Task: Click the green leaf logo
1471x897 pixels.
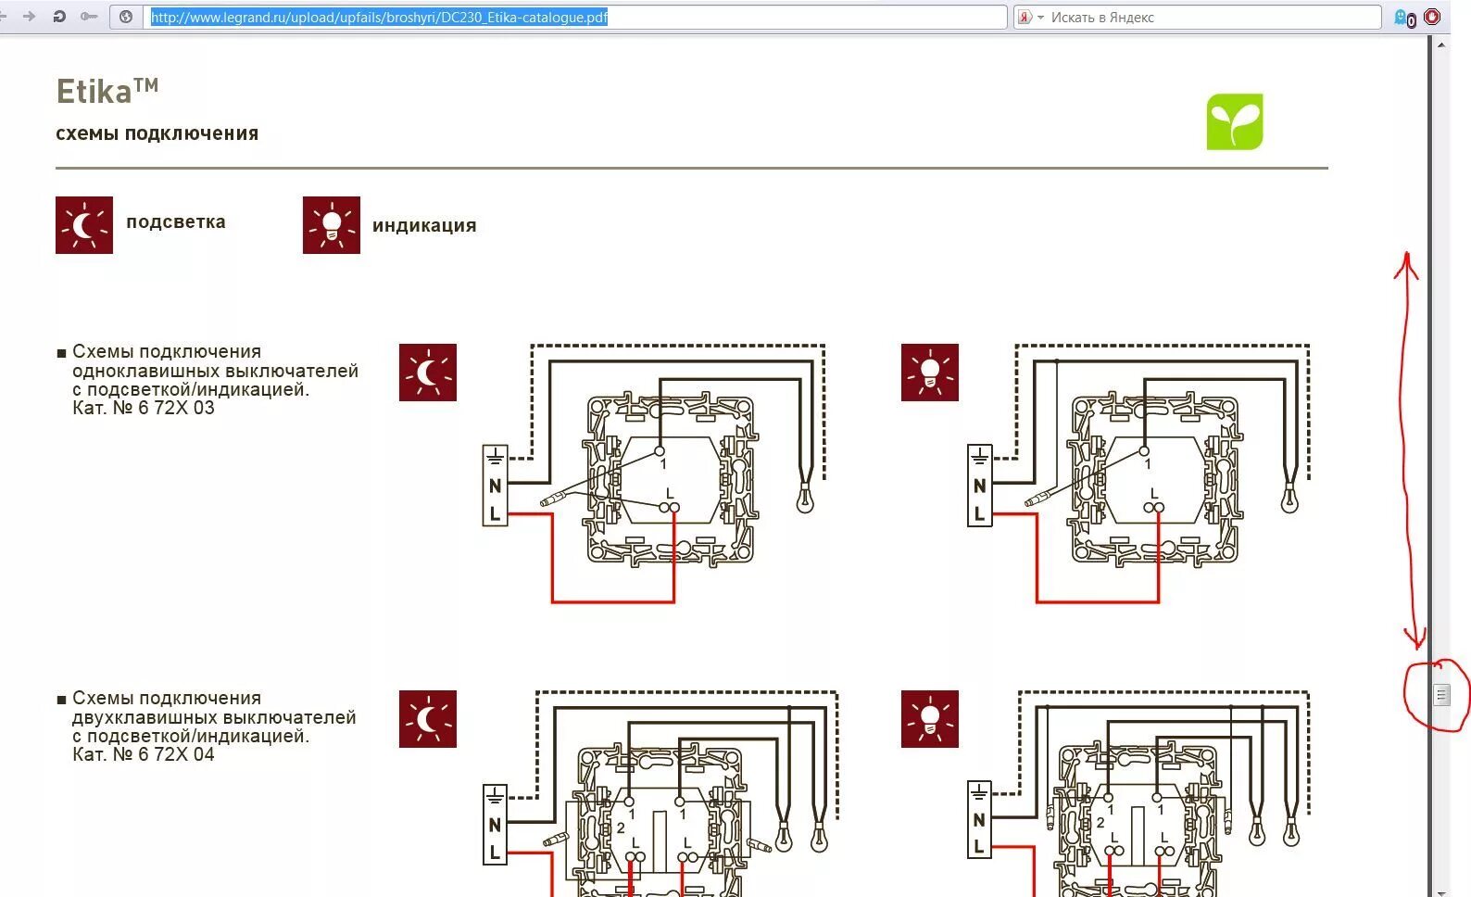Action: [1234, 121]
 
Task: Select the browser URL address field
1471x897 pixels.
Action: [574, 17]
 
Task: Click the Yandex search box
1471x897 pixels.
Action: [1204, 17]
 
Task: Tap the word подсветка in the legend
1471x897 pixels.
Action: [176, 222]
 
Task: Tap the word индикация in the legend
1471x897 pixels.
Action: [424, 225]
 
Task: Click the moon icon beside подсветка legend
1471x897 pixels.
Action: [84, 225]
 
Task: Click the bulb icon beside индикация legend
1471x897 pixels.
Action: [331, 225]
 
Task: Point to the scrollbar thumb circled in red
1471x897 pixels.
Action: [1440, 694]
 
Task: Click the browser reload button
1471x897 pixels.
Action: [59, 17]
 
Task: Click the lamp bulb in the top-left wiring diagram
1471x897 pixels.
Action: [805, 499]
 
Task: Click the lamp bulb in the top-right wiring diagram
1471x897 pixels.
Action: [1289, 499]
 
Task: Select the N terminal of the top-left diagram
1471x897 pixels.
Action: [495, 486]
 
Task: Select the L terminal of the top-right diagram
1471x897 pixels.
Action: [979, 513]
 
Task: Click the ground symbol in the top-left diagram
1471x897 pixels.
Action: [495, 456]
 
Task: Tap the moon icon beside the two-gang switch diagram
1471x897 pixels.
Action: [427, 719]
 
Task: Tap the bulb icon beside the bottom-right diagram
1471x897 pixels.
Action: [929, 719]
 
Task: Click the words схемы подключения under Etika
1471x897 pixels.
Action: [157, 133]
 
